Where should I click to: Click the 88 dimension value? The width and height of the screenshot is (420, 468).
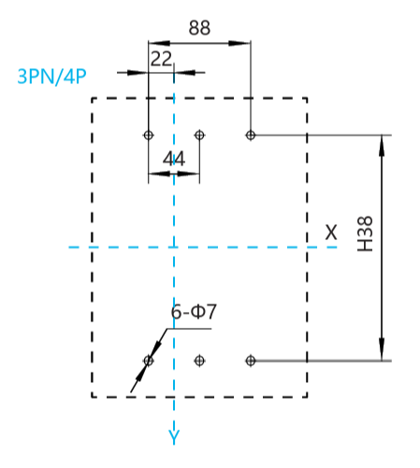pos(199,27)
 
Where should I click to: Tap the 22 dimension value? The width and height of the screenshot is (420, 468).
pos(161,59)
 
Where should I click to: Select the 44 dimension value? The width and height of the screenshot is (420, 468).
pos(174,159)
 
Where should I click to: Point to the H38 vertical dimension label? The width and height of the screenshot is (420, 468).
pos(365,234)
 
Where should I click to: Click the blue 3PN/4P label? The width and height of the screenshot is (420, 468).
pos(51,77)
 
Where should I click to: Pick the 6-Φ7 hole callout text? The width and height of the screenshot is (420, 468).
pos(194,311)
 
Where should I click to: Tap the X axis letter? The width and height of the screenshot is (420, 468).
pos(331,233)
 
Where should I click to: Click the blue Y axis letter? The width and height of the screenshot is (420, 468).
pos(174,437)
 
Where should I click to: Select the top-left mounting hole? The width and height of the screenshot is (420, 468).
pos(149,135)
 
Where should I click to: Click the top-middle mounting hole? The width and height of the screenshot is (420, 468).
pos(199,135)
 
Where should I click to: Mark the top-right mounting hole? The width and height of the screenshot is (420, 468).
pos(251,135)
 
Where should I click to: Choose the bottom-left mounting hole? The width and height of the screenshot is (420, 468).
pos(149,361)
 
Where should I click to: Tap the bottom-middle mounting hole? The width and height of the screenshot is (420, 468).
pos(199,361)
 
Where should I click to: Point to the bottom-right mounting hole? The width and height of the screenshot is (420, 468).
pos(251,361)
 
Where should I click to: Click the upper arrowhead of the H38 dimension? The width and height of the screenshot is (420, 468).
pos(382,147)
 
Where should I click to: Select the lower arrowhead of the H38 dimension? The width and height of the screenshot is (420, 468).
pos(382,349)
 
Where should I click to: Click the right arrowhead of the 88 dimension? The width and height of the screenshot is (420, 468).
pos(239,43)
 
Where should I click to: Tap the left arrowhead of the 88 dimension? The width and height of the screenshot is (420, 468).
pos(159,43)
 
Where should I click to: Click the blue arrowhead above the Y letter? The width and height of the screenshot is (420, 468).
pos(174,425)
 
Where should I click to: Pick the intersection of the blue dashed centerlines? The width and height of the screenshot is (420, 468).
pos(174,248)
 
